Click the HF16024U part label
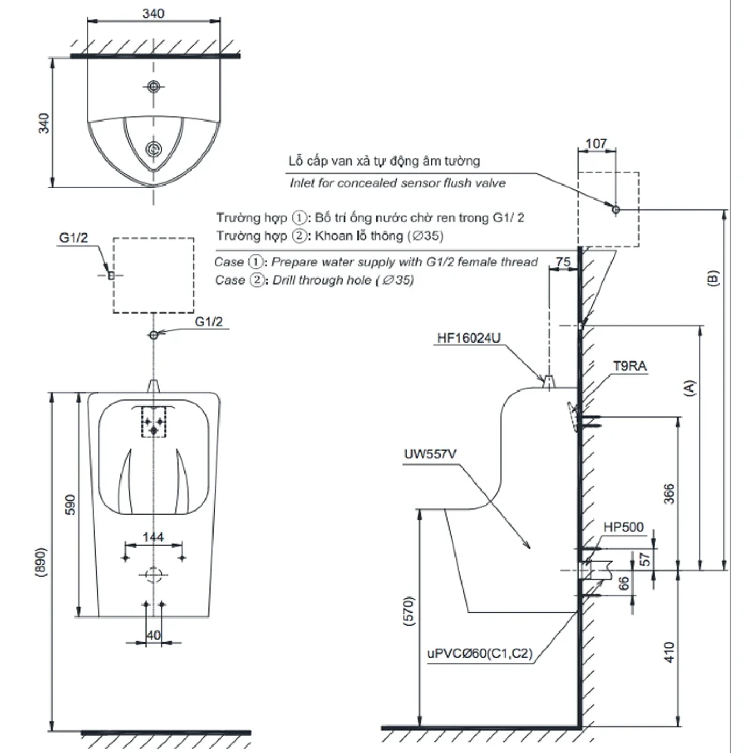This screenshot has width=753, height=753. pos(468,338)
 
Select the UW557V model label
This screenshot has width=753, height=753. pos(430,454)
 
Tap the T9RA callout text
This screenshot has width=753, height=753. pos(629,366)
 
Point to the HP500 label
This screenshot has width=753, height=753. pos(623,527)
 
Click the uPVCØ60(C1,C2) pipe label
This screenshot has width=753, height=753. pos(480,653)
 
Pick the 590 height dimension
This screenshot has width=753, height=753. pos(70,505)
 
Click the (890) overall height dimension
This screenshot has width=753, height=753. pos(41,562)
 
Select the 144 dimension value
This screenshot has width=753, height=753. pos(153,537)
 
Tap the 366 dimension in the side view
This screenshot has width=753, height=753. pos(669,494)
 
